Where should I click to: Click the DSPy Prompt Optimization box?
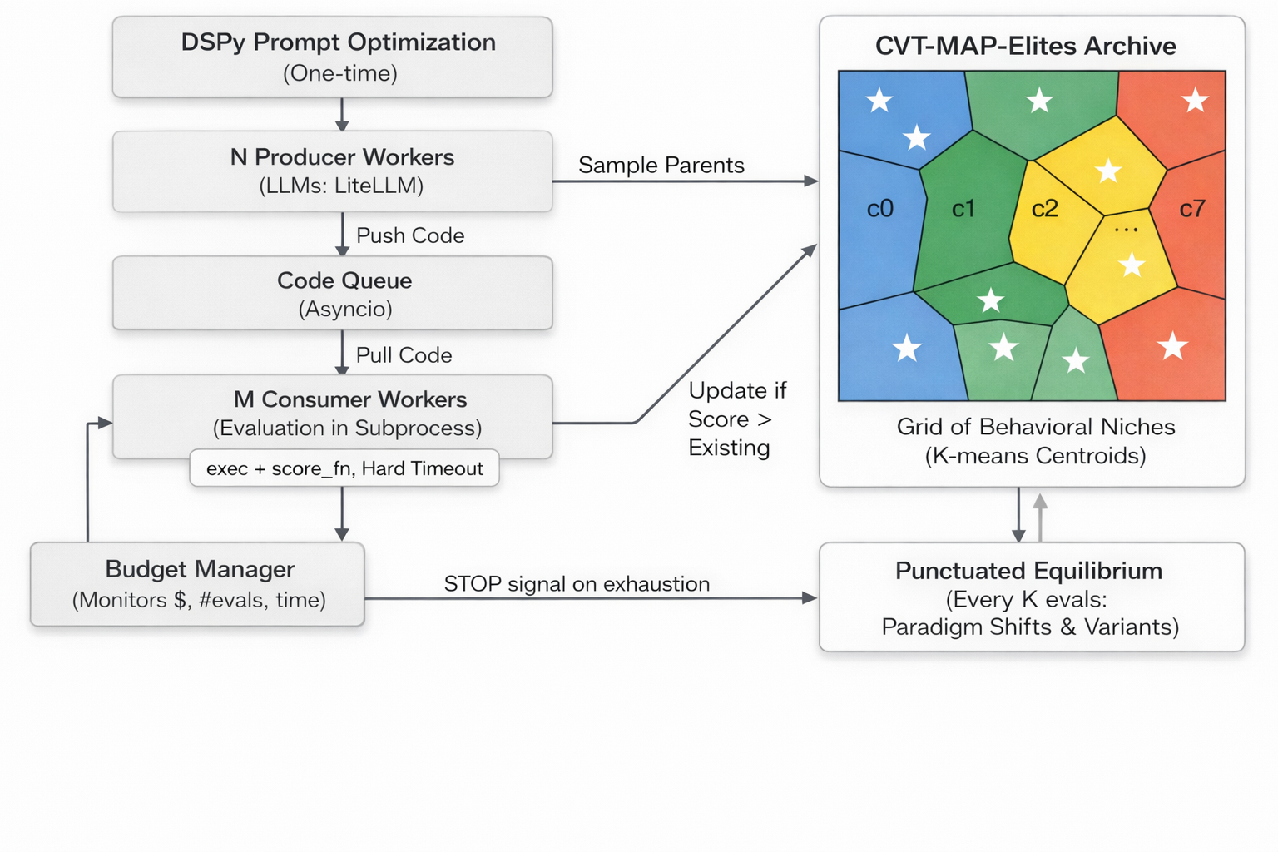(x=333, y=57)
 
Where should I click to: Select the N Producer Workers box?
(x=333, y=171)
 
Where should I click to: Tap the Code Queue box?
(x=333, y=293)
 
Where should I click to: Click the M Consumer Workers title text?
(x=350, y=399)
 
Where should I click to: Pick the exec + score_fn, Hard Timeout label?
(x=344, y=468)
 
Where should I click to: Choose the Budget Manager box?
(x=198, y=584)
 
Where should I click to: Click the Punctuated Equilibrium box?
(x=1031, y=597)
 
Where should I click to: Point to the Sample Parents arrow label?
(x=661, y=165)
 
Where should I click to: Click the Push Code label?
(x=410, y=235)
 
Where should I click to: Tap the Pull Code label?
(x=404, y=355)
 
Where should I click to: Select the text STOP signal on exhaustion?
(x=577, y=584)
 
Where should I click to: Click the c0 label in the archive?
(x=880, y=209)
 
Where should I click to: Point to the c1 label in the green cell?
(x=963, y=209)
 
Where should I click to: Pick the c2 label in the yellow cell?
(x=1045, y=209)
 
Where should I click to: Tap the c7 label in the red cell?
(x=1192, y=209)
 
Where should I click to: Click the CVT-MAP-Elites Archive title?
(x=1026, y=46)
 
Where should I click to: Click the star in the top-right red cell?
(x=1195, y=101)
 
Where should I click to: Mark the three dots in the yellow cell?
(x=1126, y=230)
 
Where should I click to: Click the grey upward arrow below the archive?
(x=1040, y=516)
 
